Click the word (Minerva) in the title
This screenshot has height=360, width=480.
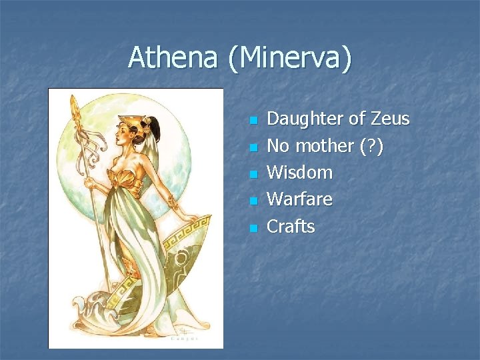tap(289, 59)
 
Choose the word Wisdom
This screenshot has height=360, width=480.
tap(299, 172)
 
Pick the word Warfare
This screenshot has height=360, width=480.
tap(299, 199)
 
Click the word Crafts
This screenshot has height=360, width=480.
tap(291, 226)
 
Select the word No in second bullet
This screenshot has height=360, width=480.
tap(277, 145)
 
